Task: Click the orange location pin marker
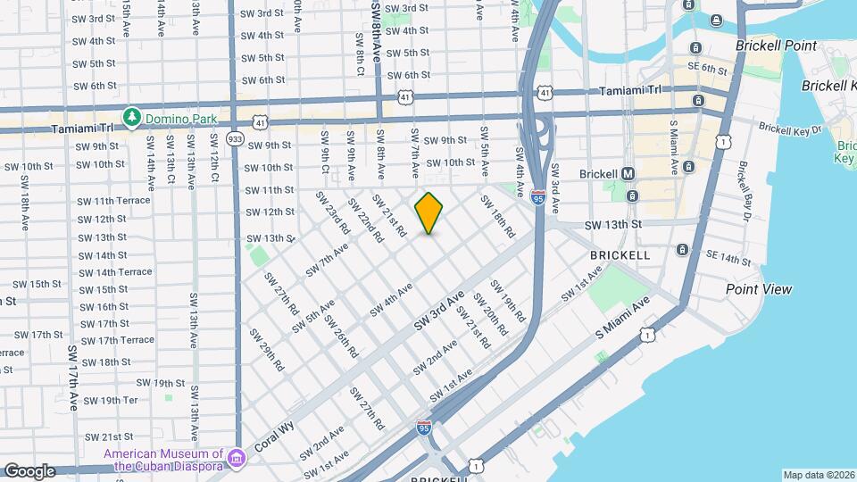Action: (428, 213)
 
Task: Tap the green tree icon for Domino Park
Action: (132, 118)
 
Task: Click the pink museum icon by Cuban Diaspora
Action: (237, 458)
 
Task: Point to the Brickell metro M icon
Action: (628, 173)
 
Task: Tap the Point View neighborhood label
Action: (758, 289)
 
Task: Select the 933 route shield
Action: (235, 138)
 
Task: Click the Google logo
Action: (29, 470)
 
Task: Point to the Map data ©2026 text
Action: (818, 475)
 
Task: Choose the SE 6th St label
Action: (707, 69)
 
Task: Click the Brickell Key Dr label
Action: (789, 128)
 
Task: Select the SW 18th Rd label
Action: (497, 216)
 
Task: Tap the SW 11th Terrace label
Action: (113, 201)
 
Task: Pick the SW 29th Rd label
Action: (266, 351)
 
